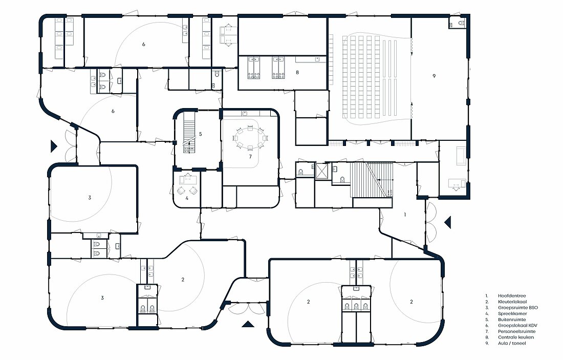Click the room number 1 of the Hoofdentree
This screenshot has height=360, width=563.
click(405, 215)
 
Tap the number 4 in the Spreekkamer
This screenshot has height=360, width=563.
click(187, 198)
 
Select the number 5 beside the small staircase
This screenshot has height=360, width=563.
click(200, 134)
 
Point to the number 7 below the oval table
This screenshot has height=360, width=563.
click(250, 156)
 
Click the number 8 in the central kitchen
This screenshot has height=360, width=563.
click(297, 72)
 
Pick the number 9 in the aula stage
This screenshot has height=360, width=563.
click(434, 76)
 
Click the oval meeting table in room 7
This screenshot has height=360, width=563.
click(250, 137)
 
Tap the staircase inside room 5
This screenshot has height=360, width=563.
click(189, 132)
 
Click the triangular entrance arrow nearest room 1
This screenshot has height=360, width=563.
click(448, 222)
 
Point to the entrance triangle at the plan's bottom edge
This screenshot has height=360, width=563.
click(248, 325)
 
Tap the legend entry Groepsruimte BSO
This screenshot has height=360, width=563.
click(518, 308)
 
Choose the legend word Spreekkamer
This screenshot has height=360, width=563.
click(512, 313)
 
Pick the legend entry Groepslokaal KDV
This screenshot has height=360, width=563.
click(517, 326)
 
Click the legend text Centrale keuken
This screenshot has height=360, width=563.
click(516, 337)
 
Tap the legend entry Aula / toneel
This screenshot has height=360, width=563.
click(512, 343)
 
